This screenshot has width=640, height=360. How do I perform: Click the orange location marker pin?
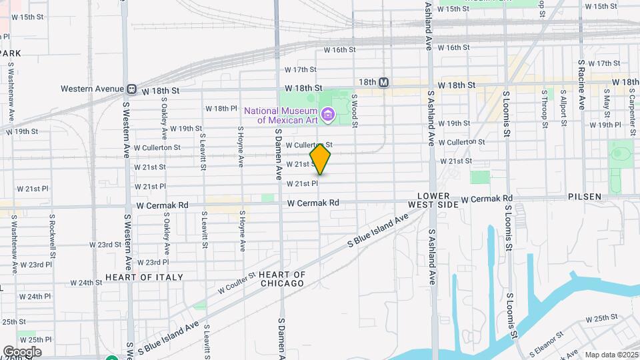321,159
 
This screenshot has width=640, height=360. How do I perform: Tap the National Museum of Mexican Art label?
279,115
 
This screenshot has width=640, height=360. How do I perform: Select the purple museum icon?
327,115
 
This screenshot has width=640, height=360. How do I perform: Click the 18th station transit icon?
383,83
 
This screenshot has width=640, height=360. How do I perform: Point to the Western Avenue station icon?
132,89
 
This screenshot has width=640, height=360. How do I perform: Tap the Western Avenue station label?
92,89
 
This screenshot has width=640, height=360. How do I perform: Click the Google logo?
22,351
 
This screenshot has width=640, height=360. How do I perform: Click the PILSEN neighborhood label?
585,197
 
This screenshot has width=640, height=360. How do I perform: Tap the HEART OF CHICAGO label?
281,279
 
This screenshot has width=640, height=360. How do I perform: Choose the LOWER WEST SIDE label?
438,200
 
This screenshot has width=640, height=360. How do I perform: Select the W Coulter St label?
237,283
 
